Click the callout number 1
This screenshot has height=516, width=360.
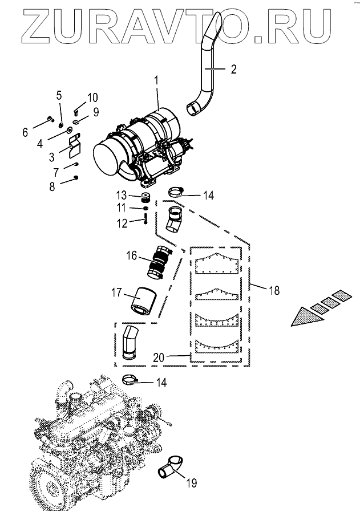click(x=157, y=82)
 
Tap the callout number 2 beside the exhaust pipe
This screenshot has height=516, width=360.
click(x=233, y=70)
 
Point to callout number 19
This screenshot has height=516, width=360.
click(x=191, y=484)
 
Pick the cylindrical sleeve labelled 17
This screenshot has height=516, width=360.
click(x=143, y=301)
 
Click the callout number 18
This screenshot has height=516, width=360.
click(x=274, y=291)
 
